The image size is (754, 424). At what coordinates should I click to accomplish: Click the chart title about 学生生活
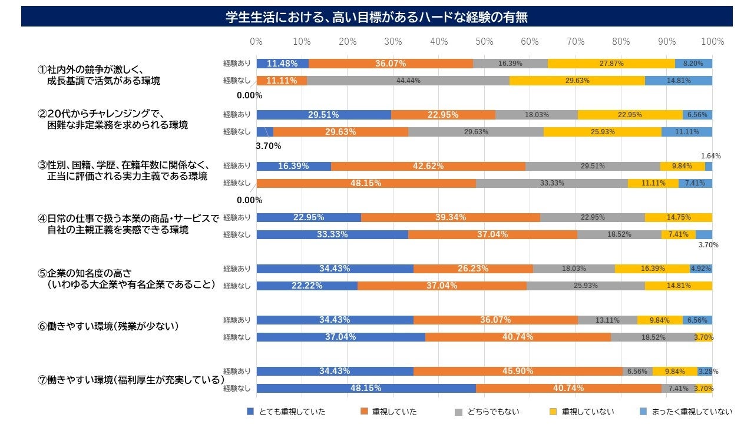click(x=376, y=17)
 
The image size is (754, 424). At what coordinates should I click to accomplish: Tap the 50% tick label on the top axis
click(x=484, y=42)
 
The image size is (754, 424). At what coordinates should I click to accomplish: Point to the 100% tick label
click(x=713, y=42)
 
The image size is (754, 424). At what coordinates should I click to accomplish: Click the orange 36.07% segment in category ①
click(x=390, y=64)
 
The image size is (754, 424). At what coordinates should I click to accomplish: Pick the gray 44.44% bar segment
click(x=408, y=81)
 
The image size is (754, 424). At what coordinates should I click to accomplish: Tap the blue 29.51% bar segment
click(x=323, y=115)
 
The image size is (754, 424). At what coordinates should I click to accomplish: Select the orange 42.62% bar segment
click(x=428, y=166)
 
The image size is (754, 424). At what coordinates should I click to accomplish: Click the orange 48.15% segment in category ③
click(x=366, y=183)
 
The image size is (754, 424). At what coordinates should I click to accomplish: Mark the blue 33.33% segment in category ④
click(x=332, y=234)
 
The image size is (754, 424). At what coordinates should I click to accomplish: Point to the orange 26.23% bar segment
click(x=473, y=269)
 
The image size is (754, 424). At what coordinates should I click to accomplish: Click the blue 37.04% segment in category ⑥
click(x=340, y=337)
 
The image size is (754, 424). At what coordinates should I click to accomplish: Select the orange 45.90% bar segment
click(x=518, y=371)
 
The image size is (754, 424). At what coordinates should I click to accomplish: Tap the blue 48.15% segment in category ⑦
click(x=366, y=388)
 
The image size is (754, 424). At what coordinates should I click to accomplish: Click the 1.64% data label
click(x=711, y=156)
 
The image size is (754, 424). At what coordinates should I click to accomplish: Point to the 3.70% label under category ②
click(x=267, y=145)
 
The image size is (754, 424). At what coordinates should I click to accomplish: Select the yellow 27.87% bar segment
click(x=611, y=64)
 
